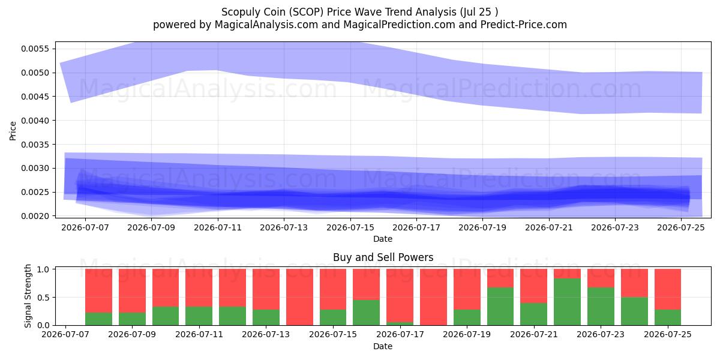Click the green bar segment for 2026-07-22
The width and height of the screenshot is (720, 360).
coord(568,302)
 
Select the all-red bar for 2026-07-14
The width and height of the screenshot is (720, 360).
coord(299,297)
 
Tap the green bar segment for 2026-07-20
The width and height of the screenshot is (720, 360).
coord(500,307)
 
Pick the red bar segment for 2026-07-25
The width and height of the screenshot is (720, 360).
coord(668,289)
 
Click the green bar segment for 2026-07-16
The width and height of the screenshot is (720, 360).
coord(367,313)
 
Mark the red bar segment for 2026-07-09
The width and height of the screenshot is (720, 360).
coord(132,291)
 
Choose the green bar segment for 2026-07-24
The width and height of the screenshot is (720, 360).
coord(635,311)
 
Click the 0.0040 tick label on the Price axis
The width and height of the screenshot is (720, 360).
coord(35,121)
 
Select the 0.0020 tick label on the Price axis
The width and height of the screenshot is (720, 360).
coord(35,217)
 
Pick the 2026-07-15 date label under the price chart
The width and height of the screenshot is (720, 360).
coord(350,227)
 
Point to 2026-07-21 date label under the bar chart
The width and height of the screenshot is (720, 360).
coord(534,334)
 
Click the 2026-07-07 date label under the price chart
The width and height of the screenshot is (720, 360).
coord(85,227)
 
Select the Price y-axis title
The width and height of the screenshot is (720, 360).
coord(13,131)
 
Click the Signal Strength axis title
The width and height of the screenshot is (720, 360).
coord(28,296)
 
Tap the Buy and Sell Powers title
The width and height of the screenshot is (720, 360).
coord(383,257)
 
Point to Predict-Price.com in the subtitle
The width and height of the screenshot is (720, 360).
coord(524,25)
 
